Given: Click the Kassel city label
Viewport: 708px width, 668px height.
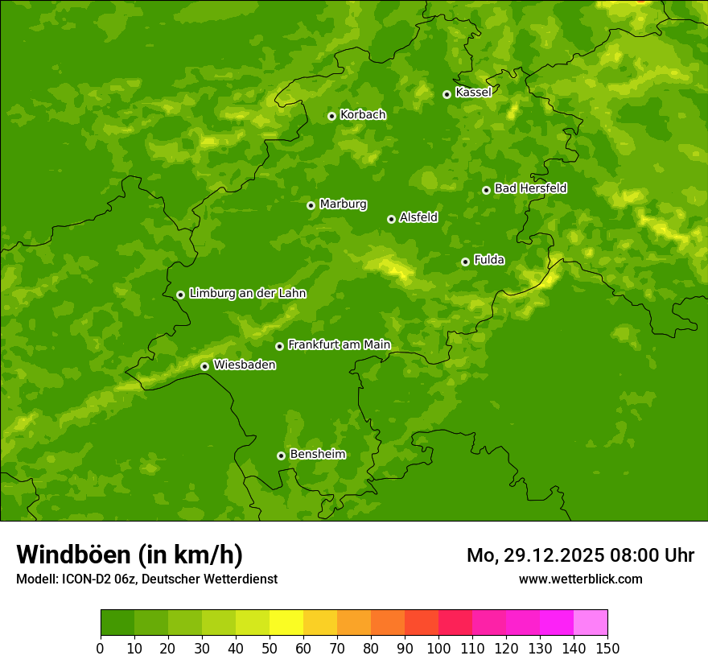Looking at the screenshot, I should [x=473, y=93].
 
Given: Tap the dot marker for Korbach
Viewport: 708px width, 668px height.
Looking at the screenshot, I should [x=331, y=116].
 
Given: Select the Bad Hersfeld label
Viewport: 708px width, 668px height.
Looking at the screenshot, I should [x=530, y=188].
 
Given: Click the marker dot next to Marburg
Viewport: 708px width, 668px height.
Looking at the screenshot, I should [x=311, y=205].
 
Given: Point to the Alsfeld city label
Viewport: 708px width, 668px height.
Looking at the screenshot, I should [x=418, y=217].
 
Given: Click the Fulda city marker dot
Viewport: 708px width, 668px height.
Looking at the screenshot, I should [x=465, y=262].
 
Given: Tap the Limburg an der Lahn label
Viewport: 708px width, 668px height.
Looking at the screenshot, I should [x=247, y=294].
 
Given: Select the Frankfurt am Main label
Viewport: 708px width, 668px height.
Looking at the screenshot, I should [x=339, y=344].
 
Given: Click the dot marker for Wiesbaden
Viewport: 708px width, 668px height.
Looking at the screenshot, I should [x=204, y=366].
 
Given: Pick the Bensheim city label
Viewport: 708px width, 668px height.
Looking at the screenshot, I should [x=317, y=454].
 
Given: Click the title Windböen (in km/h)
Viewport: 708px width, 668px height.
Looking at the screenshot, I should [x=129, y=555].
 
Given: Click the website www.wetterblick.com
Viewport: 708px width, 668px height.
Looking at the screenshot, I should [x=580, y=579].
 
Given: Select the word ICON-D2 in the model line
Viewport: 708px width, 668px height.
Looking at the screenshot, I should [x=81, y=579].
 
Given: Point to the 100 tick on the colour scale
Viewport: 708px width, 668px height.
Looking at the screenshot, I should [x=438, y=648].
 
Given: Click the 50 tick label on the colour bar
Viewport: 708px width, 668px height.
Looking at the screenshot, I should [x=270, y=648].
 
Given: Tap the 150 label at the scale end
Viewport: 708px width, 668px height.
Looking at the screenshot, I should [x=607, y=648].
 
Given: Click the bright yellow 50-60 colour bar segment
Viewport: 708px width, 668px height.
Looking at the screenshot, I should [x=286, y=623].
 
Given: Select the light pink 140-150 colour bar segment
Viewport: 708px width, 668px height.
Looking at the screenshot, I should [x=591, y=623].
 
